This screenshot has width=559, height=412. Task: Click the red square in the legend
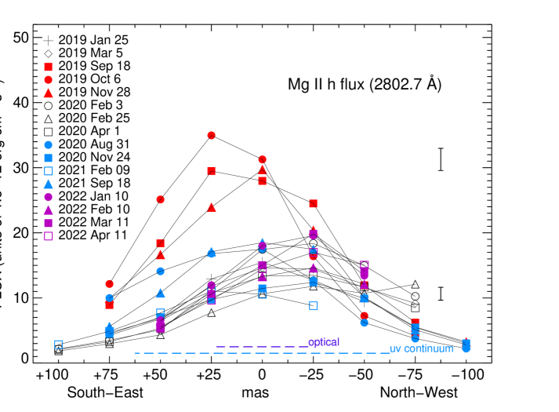pos(49,67)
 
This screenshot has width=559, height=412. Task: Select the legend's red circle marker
pos(49,80)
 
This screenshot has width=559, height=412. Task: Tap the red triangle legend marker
pos(49,93)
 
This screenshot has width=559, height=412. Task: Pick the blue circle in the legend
pos(49,145)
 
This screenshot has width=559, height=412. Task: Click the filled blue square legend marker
pos(49,158)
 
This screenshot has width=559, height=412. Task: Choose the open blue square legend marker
pos(49,171)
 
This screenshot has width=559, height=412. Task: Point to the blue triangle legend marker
pos(49,184)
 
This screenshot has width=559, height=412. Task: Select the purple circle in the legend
pos(49,197)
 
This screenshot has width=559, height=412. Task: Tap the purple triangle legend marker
pos(49,210)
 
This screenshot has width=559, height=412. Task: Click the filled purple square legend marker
pos(49,223)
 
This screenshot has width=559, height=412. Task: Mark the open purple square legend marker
pos(49,236)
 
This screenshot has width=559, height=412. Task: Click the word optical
pos(324,342)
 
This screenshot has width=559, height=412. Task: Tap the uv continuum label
pos(421,348)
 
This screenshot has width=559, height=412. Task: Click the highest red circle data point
pos(211,135)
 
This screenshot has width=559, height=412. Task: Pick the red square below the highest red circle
pos(211,171)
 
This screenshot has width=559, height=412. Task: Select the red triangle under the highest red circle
pos(212,207)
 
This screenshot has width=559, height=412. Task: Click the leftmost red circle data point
pos(110,284)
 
